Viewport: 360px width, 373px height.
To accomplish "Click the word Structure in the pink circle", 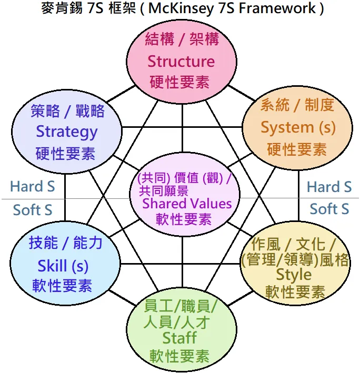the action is (181, 61).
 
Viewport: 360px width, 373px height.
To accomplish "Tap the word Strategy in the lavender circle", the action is (66, 132).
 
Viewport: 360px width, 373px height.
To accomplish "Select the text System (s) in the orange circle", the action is (298, 127).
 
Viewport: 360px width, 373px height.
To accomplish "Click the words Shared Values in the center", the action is (187, 203).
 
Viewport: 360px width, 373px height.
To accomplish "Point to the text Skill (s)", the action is (63, 265).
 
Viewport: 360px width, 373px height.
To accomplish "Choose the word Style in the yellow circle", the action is (294, 275).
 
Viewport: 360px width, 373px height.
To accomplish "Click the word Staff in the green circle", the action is (179, 337).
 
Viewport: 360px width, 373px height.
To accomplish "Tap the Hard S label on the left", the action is (33, 187).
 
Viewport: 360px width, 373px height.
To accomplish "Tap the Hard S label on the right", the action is (329, 187).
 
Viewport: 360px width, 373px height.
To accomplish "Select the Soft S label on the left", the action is (33, 210).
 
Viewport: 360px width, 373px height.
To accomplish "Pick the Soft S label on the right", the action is (329, 209).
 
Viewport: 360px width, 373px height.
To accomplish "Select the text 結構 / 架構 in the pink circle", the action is (181, 39).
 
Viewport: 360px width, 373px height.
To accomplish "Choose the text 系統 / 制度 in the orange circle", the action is (297, 105).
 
